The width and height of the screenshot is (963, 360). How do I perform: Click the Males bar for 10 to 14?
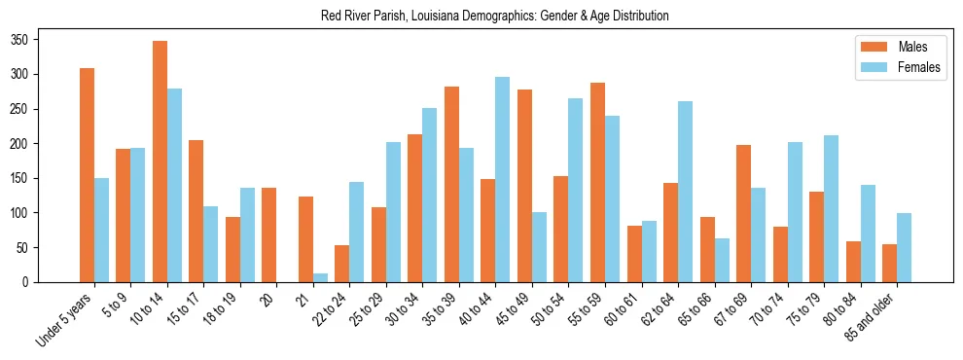160,162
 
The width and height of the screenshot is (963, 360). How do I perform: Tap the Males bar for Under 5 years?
87,175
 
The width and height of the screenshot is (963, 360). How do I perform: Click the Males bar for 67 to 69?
744,213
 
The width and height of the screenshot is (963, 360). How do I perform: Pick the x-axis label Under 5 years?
65,320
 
